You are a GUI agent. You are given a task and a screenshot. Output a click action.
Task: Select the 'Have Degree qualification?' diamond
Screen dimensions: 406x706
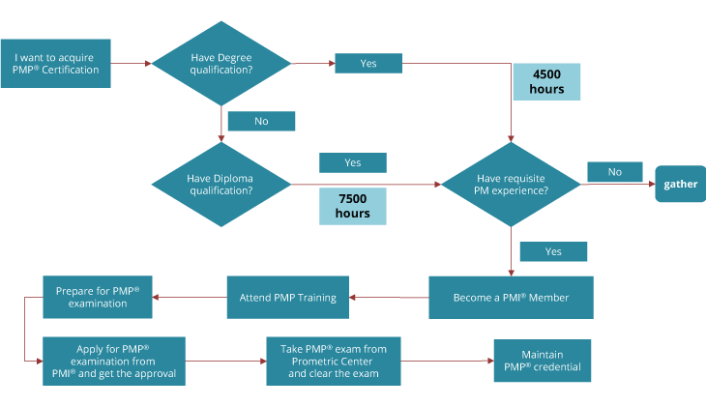[x=222, y=64]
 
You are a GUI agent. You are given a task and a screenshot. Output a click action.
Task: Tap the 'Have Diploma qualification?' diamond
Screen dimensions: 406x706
[x=221, y=184]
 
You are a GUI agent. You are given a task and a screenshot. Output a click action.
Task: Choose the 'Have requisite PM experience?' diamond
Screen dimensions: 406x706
[x=512, y=184]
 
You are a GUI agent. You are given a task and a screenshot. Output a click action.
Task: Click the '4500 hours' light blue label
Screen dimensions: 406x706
[x=546, y=82]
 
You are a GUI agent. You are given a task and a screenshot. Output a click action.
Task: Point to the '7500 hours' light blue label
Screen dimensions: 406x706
[x=353, y=205]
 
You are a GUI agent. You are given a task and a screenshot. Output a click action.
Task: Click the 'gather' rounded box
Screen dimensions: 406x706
[x=680, y=184]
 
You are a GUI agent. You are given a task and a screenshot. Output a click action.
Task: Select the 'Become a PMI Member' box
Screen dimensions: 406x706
[x=511, y=297]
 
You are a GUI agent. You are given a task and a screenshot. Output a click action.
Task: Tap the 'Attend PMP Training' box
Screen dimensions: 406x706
[x=287, y=297]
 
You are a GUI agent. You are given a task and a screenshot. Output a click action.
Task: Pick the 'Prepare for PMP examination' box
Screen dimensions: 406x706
[x=98, y=297]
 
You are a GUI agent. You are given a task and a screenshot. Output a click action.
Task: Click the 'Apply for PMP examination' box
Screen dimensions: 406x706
[x=112, y=361]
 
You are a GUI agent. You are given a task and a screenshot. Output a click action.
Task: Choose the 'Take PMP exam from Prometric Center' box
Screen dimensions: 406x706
[x=333, y=361]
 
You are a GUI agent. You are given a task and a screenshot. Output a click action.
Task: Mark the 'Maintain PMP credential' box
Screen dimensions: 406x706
[x=541, y=361]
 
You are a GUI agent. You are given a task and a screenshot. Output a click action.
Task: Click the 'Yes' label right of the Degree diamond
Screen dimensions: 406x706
[x=368, y=63]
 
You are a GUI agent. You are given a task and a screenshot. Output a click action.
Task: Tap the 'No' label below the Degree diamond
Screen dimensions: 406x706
[x=261, y=121]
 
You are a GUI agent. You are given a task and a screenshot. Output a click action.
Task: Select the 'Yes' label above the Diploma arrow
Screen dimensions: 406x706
[x=353, y=162]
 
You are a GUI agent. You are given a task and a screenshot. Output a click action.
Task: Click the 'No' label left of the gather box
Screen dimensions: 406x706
[x=614, y=172]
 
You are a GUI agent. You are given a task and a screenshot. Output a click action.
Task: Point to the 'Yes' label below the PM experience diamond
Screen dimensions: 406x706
[x=553, y=251]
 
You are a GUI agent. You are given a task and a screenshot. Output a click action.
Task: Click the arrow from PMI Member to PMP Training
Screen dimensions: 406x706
[x=387, y=297]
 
